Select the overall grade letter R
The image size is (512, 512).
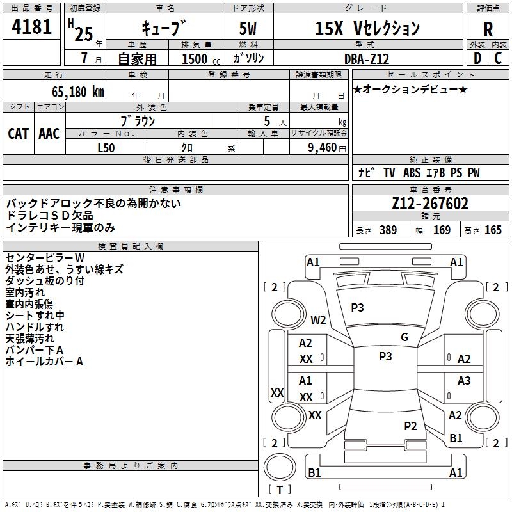488,29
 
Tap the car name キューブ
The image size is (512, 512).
164,29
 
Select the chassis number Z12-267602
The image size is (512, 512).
429,204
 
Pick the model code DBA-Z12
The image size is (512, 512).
365,58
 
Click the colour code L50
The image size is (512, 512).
106,148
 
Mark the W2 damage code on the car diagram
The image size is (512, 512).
318,319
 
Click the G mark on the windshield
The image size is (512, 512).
404,337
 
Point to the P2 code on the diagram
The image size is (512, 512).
410,426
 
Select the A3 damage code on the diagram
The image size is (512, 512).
464,381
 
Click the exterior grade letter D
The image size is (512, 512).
476,58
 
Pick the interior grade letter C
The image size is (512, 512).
498,58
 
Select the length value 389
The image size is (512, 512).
388,230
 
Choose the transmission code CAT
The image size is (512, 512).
18,133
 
